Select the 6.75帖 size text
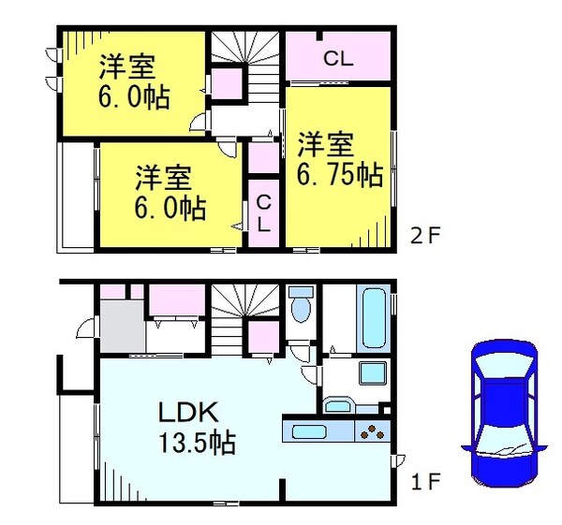(339, 174)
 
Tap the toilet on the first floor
(302, 305)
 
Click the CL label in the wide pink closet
(338, 58)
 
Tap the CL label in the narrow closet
(263, 213)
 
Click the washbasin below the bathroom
(337, 405)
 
